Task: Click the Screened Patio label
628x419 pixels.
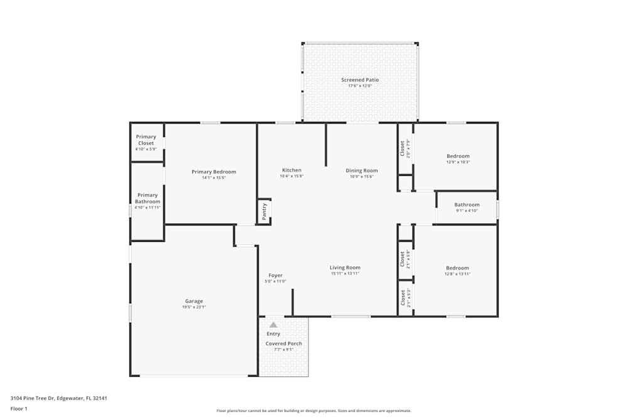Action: click(360, 80)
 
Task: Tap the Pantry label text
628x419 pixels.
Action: click(264, 211)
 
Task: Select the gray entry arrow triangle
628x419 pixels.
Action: click(273, 325)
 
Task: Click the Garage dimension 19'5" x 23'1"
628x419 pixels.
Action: click(193, 307)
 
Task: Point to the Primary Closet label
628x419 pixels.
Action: click(146, 140)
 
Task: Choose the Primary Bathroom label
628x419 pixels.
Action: click(148, 199)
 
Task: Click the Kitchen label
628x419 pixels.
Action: click(291, 170)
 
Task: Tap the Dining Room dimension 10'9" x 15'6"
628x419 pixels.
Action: click(362, 177)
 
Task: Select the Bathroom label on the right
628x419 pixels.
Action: click(467, 205)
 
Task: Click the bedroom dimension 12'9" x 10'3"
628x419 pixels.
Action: click(458, 162)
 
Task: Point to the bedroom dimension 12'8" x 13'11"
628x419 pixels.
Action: click(458, 274)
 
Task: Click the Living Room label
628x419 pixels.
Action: click(345, 268)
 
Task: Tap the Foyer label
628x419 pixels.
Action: click(275, 275)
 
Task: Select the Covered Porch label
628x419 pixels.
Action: click(284, 344)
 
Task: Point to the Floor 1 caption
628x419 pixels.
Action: click(19, 408)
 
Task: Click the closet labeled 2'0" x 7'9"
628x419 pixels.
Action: click(405, 148)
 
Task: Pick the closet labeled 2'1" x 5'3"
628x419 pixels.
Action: click(405, 296)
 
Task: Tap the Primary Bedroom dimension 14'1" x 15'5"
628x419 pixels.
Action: click(214, 178)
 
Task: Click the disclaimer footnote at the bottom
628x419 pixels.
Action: click(314, 411)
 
